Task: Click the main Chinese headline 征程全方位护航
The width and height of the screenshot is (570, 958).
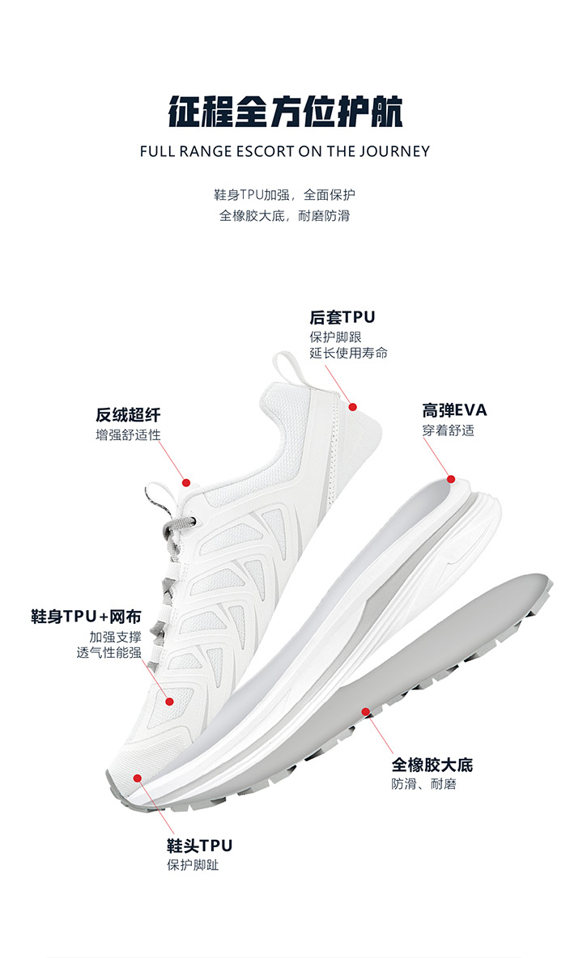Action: click(285, 112)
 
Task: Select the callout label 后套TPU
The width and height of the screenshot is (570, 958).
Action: click(342, 317)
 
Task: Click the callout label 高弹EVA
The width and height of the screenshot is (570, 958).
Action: click(454, 410)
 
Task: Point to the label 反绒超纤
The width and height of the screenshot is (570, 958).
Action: click(128, 415)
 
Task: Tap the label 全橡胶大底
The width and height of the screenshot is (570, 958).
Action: click(432, 765)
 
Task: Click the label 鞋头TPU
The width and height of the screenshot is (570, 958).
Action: click(199, 846)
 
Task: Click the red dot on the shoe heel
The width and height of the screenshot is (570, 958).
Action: click(352, 406)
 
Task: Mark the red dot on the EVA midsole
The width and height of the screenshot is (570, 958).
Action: click(452, 480)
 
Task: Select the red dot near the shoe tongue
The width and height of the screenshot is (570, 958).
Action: click(186, 482)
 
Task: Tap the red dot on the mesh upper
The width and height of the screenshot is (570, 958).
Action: click(170, 701)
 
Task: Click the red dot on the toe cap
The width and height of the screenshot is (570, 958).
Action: click(138, 778)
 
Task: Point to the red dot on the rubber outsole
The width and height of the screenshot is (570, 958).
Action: click(366, 712)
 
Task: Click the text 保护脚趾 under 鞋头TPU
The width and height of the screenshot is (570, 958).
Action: click(193, 866)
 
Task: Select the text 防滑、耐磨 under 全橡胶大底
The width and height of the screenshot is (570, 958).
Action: click(424, 784)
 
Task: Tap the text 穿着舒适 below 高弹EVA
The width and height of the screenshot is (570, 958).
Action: click(448, 430)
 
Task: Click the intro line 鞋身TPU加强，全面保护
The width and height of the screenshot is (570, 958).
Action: click(285, 195)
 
